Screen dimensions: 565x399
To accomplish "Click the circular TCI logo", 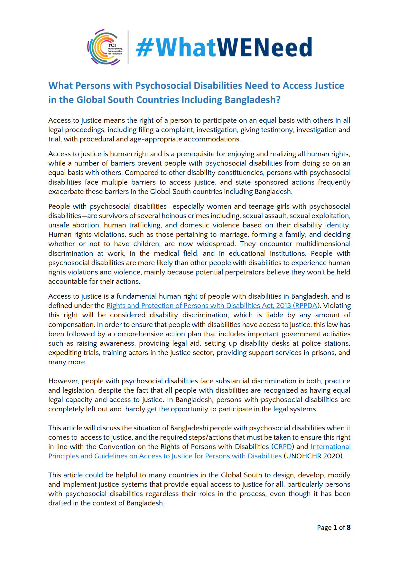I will click(x=105, y=47).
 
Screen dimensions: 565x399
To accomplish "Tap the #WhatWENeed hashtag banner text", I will click(x=224, y=47).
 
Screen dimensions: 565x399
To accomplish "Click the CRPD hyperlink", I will click(x=283, y=447).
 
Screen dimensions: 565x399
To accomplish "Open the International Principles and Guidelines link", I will click(x=165, y=456).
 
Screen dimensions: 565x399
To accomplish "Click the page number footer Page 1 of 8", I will click(x=333, y=528).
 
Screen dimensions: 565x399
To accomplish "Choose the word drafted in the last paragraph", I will click(x=60, y=503).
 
